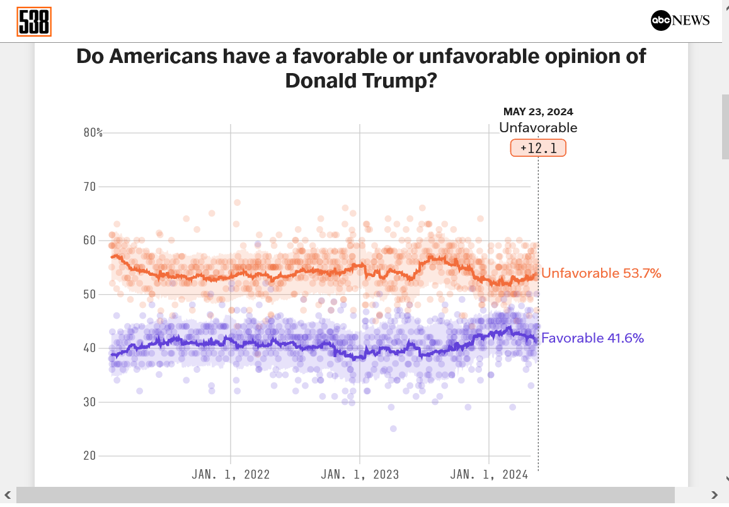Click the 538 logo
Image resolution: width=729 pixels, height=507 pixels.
coord(34,22)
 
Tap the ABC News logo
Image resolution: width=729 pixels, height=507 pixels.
coord(680,21)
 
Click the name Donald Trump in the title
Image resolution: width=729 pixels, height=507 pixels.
coord(360,81)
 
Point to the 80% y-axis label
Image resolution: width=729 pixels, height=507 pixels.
coord(93,132)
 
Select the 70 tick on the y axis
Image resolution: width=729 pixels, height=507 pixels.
coord(90,186)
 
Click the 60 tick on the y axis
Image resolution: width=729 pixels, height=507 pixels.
coord(90,241)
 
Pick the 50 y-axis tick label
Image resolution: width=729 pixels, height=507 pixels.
coord(90,294)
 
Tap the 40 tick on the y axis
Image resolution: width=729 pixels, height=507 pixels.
coord(90,348)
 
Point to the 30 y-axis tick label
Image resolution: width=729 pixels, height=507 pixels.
coord(90,402)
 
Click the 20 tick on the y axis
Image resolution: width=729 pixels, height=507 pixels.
coord(90,455)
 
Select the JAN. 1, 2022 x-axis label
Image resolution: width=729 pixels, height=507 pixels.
coord(231,474)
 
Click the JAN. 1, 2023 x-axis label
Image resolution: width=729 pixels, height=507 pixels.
coord(360,474)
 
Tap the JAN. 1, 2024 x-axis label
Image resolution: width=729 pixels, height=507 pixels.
coord(489,474)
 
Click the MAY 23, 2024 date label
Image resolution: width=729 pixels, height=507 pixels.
coord(538,112)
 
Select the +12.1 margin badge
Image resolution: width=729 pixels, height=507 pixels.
coord(538,148)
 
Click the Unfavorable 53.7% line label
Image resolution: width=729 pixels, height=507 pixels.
coord(601,273)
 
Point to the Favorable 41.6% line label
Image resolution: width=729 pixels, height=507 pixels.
coord(592,338)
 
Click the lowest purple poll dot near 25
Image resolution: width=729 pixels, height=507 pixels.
coord(393,428)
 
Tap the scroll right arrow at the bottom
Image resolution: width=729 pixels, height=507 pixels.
coord(714,495)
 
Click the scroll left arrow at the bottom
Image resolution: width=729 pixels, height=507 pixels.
coord(8,495)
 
